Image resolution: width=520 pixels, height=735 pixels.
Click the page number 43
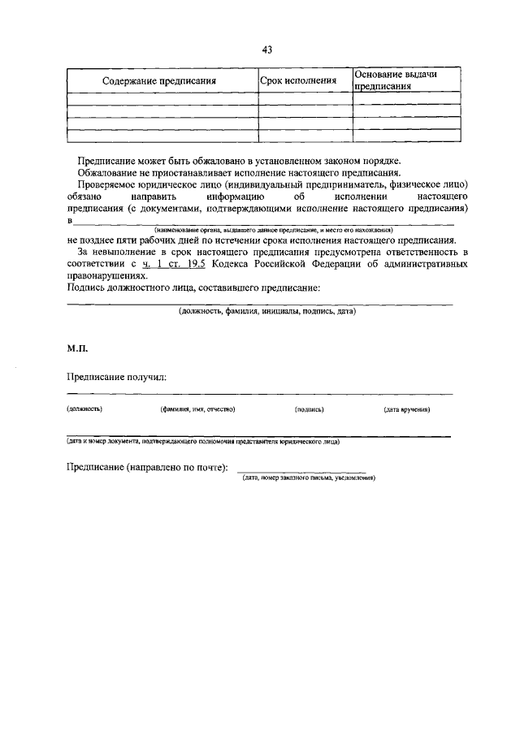pyautogui.click(x=266, y=50)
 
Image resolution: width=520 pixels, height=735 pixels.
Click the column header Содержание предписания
pyautogui.click(x=159, y=81)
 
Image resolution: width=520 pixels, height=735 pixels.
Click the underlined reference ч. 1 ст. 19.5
pyautogui.click(x=171, y=264)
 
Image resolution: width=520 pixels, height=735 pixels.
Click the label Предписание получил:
pyautogui.click(x=116, y=377)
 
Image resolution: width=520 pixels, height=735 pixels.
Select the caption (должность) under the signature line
pyautogui.click(x=84, y=409)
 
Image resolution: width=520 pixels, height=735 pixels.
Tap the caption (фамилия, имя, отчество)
pyautogui.click(x=198, y=409)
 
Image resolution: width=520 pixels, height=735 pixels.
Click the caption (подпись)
pyautogui.click(x=310, y=409)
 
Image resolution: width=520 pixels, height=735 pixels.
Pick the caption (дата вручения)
pyautogui.click(x=407, y=409)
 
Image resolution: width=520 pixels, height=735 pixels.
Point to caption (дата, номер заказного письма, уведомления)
pyautogui.click(x=309, y=478)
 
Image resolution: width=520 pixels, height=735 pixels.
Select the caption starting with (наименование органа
pyautogui.click(x=268, y=231)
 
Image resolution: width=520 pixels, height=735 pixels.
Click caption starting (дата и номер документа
pyautogui.click(x=203, y=442)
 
